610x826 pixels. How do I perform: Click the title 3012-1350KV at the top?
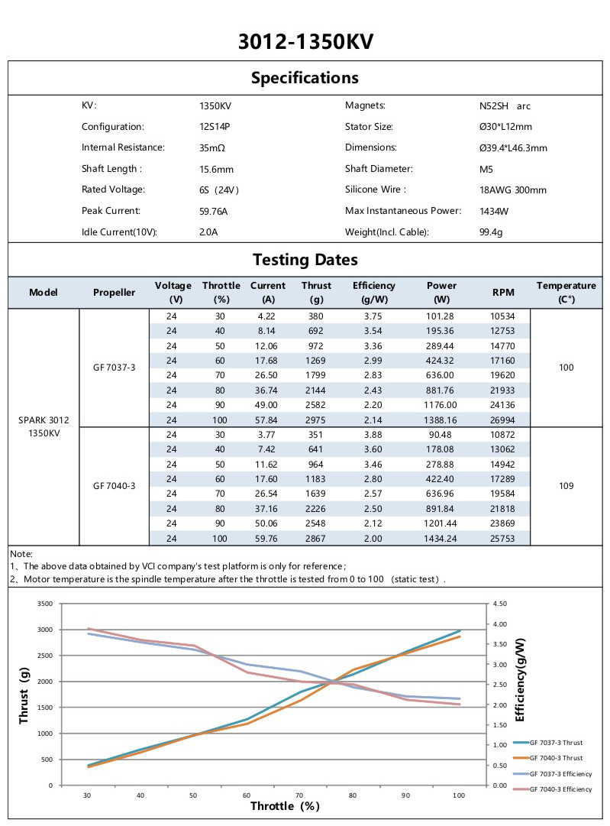(305, 40)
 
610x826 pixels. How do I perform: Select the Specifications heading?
(305, 78)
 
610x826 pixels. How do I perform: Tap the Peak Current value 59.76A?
(214, 211)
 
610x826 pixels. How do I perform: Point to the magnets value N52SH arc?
(500, 106)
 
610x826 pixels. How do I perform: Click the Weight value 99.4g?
(491, 232)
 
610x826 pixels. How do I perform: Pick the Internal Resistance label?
(123, 147)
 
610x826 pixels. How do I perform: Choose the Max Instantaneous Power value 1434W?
(494, 211)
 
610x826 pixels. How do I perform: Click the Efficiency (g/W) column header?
(374, 292)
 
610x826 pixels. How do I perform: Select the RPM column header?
(503, 293)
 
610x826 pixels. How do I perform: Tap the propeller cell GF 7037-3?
(115, 367)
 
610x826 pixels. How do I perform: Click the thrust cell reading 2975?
(316, 420)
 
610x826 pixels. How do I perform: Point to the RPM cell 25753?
(503, 539)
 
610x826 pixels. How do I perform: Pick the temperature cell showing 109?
(566, 486)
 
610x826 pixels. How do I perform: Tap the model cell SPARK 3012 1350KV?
(44, 426)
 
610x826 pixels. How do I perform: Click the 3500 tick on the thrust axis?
(44, 604)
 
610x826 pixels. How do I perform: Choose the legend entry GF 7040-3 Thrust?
(555, 758)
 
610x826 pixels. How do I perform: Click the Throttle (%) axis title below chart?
(285, 806)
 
